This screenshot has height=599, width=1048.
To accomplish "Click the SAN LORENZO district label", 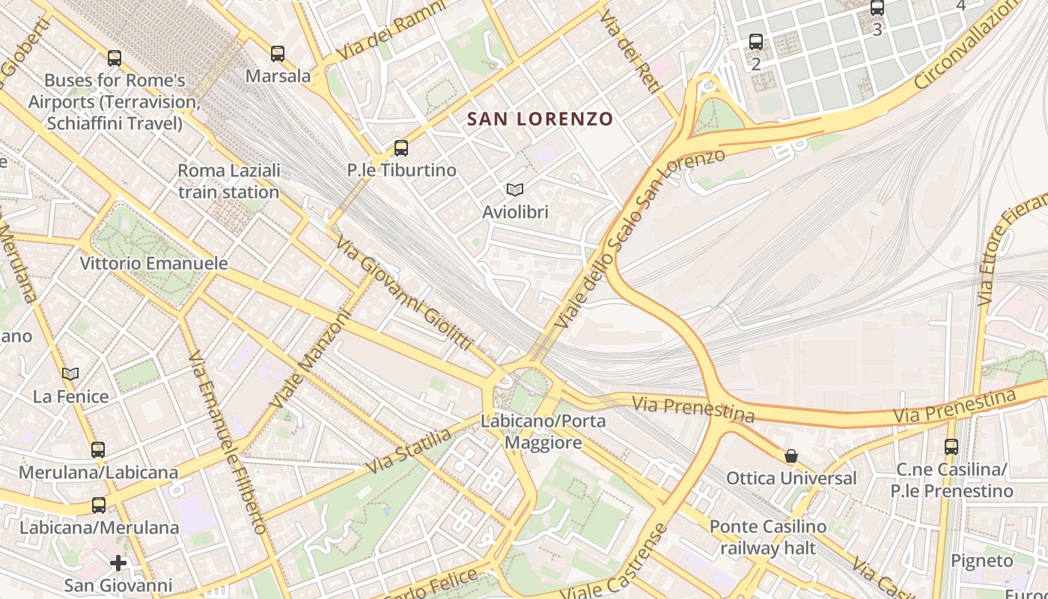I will [x=540, y=118].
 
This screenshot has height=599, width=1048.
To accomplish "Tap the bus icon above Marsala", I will [x=278, y=54].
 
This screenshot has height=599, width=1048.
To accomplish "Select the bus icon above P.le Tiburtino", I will [x=401, y=148].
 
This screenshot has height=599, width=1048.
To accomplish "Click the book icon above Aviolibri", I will [x=515, y=190].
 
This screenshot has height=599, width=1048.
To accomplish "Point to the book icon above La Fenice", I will [x=70, y=374].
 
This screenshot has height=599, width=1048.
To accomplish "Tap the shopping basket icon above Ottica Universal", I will [x=791, y=456].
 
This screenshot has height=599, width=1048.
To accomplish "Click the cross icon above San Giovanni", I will [x=118, y=563].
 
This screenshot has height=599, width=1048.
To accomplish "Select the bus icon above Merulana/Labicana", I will [x=98, y=450].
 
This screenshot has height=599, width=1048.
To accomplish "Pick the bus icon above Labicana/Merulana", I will [x=98, y=505].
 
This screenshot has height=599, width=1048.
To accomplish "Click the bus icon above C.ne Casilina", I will [x=951, y=447].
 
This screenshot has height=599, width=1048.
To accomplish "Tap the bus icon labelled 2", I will [x=756, y=43].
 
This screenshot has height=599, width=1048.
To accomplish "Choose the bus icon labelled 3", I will [x=877, y=8].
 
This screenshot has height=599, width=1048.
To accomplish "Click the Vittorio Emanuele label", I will [x=153, y=264].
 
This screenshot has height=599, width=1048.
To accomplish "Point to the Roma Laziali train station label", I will [x=228, y=181].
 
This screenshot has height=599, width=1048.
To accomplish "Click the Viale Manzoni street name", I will [x=311, y=359].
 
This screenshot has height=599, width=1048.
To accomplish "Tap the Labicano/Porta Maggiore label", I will [x=543, y=432].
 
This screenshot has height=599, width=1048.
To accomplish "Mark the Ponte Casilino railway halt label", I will [x=768, y=537].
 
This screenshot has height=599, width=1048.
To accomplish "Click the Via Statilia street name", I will [x=409, y=451].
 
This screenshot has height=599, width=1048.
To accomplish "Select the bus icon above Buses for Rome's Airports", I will [x=115, y=58].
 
